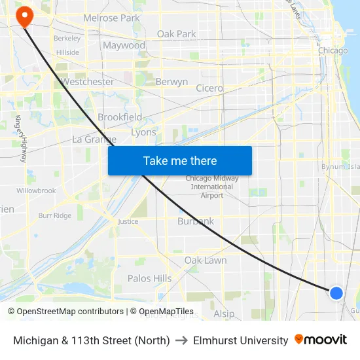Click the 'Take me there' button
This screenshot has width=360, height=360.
(179, 160)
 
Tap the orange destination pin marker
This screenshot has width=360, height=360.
(24, 16)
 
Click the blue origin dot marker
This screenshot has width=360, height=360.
(336, 293)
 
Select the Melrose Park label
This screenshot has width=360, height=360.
(111, 18)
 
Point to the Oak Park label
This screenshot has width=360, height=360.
(176, 33)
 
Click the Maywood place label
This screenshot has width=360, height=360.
(124, 45)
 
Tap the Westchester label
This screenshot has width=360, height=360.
(87, 82)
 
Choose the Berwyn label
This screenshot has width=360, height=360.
(171, 82)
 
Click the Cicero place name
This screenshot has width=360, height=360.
(209, 88)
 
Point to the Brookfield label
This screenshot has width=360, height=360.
(120, 117)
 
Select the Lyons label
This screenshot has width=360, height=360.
(143, 132)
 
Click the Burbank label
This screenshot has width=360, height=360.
(196, 221)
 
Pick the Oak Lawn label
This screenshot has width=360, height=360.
(206, 260)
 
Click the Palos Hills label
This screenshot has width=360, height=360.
(149, 278)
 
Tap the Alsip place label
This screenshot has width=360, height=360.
(224, 314)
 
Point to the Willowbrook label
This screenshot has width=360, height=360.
(37, 190)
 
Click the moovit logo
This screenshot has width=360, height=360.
(321, 340)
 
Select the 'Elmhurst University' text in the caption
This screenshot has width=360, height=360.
(240, 340)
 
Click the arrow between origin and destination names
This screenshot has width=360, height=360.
(181, 340)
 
